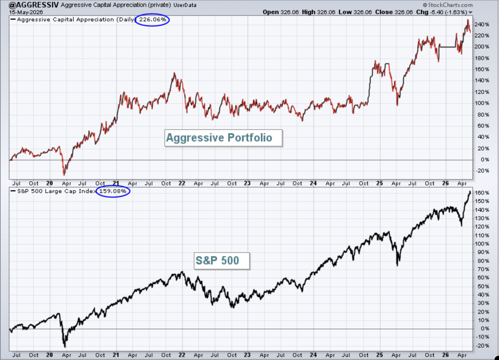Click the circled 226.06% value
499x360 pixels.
(153, 19)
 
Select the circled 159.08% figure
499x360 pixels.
(113, 191)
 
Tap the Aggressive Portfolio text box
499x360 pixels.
(223, 138)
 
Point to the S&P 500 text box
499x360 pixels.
(222, 261)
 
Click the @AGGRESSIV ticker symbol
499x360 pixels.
(34, 5)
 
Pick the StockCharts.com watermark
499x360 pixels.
(448, 5)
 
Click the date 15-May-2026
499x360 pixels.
(26, 12)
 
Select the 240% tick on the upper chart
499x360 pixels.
(482, 24)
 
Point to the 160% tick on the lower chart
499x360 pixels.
(482, 193)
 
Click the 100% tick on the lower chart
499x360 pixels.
(482, 244)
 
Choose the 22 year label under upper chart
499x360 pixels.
(182, 183)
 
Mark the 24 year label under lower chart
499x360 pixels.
(313, 355)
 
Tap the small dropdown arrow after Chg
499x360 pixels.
(470, 12)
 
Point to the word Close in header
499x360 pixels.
(384, 12)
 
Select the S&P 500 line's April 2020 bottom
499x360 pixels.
(65, 347)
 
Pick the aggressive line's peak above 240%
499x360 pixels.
(468, 20)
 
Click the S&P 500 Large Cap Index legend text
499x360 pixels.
(56, 191)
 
